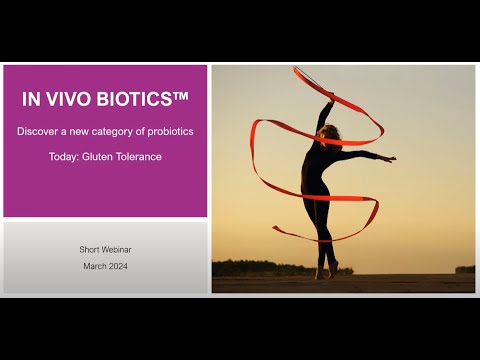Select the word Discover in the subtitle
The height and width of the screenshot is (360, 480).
point(37,131)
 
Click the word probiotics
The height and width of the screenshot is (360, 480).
point(170,132)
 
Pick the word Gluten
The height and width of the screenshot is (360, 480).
point(97,157)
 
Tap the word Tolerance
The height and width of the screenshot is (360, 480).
point(139,157)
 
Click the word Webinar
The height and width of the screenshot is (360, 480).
point(116,250)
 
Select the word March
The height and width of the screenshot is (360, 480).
point(94,266)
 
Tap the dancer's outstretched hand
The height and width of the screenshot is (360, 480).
point(389,159)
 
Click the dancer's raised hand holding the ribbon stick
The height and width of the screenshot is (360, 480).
point(331,97)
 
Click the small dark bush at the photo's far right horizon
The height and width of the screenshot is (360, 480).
point(465,269)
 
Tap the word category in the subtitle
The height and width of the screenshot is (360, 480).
point(112,132)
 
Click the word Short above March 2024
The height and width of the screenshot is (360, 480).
point(89,250)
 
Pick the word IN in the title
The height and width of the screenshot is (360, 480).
point(31,99)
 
